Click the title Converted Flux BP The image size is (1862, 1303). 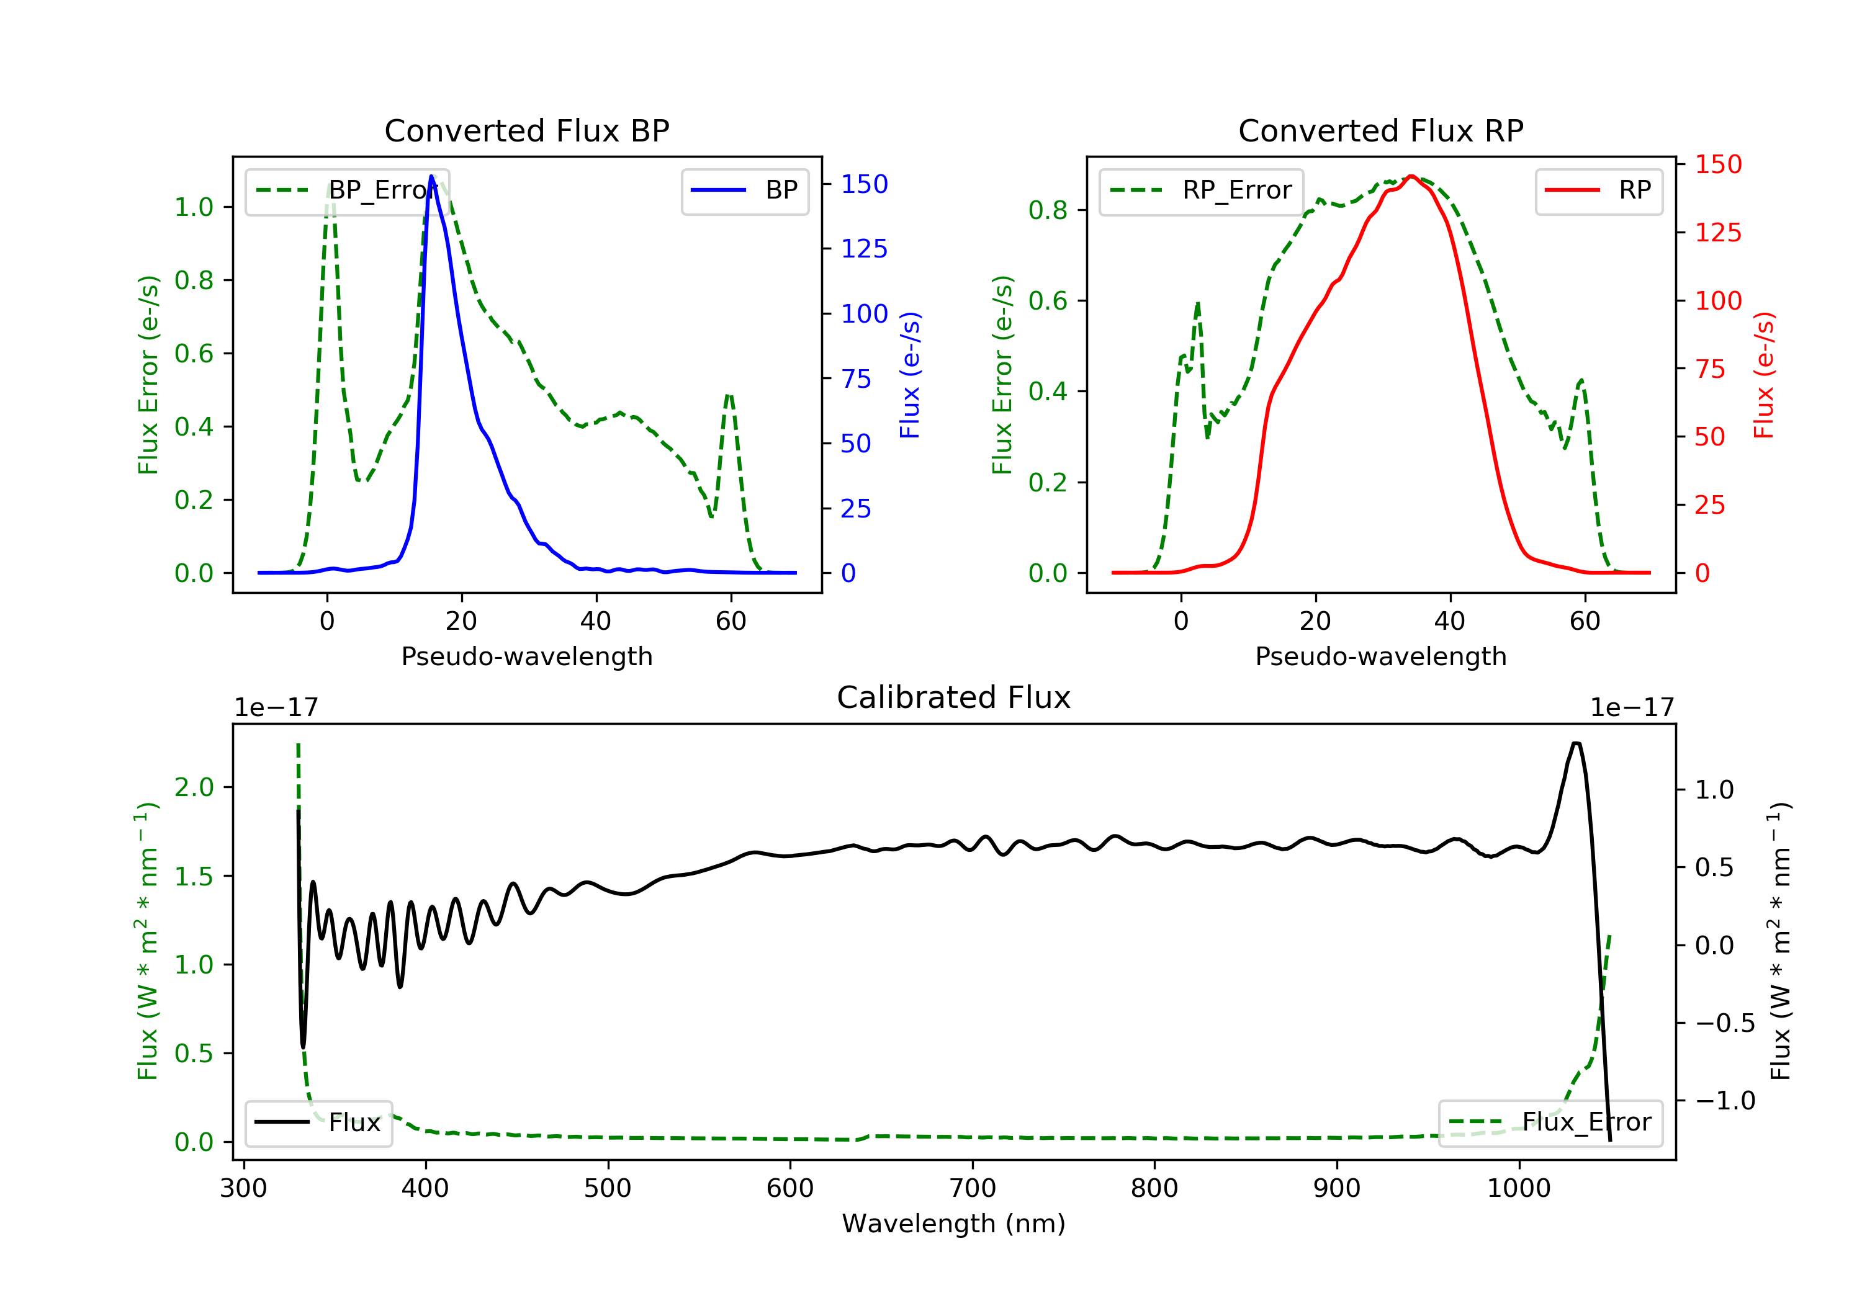[x=526, y=130]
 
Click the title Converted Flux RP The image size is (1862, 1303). [x=1380, y=130]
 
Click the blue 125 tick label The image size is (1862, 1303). [x=864, y=249]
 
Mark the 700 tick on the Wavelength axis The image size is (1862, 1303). [x=973, y=1189]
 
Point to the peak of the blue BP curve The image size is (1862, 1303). [x=431, y=176]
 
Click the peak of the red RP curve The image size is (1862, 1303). [x=1411, y=176]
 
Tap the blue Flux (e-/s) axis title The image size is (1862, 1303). [x=909, y=375]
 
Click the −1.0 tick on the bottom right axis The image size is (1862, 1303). [x=1724, y=1100]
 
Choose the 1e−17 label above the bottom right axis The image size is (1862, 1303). [x=1632, y=708]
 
